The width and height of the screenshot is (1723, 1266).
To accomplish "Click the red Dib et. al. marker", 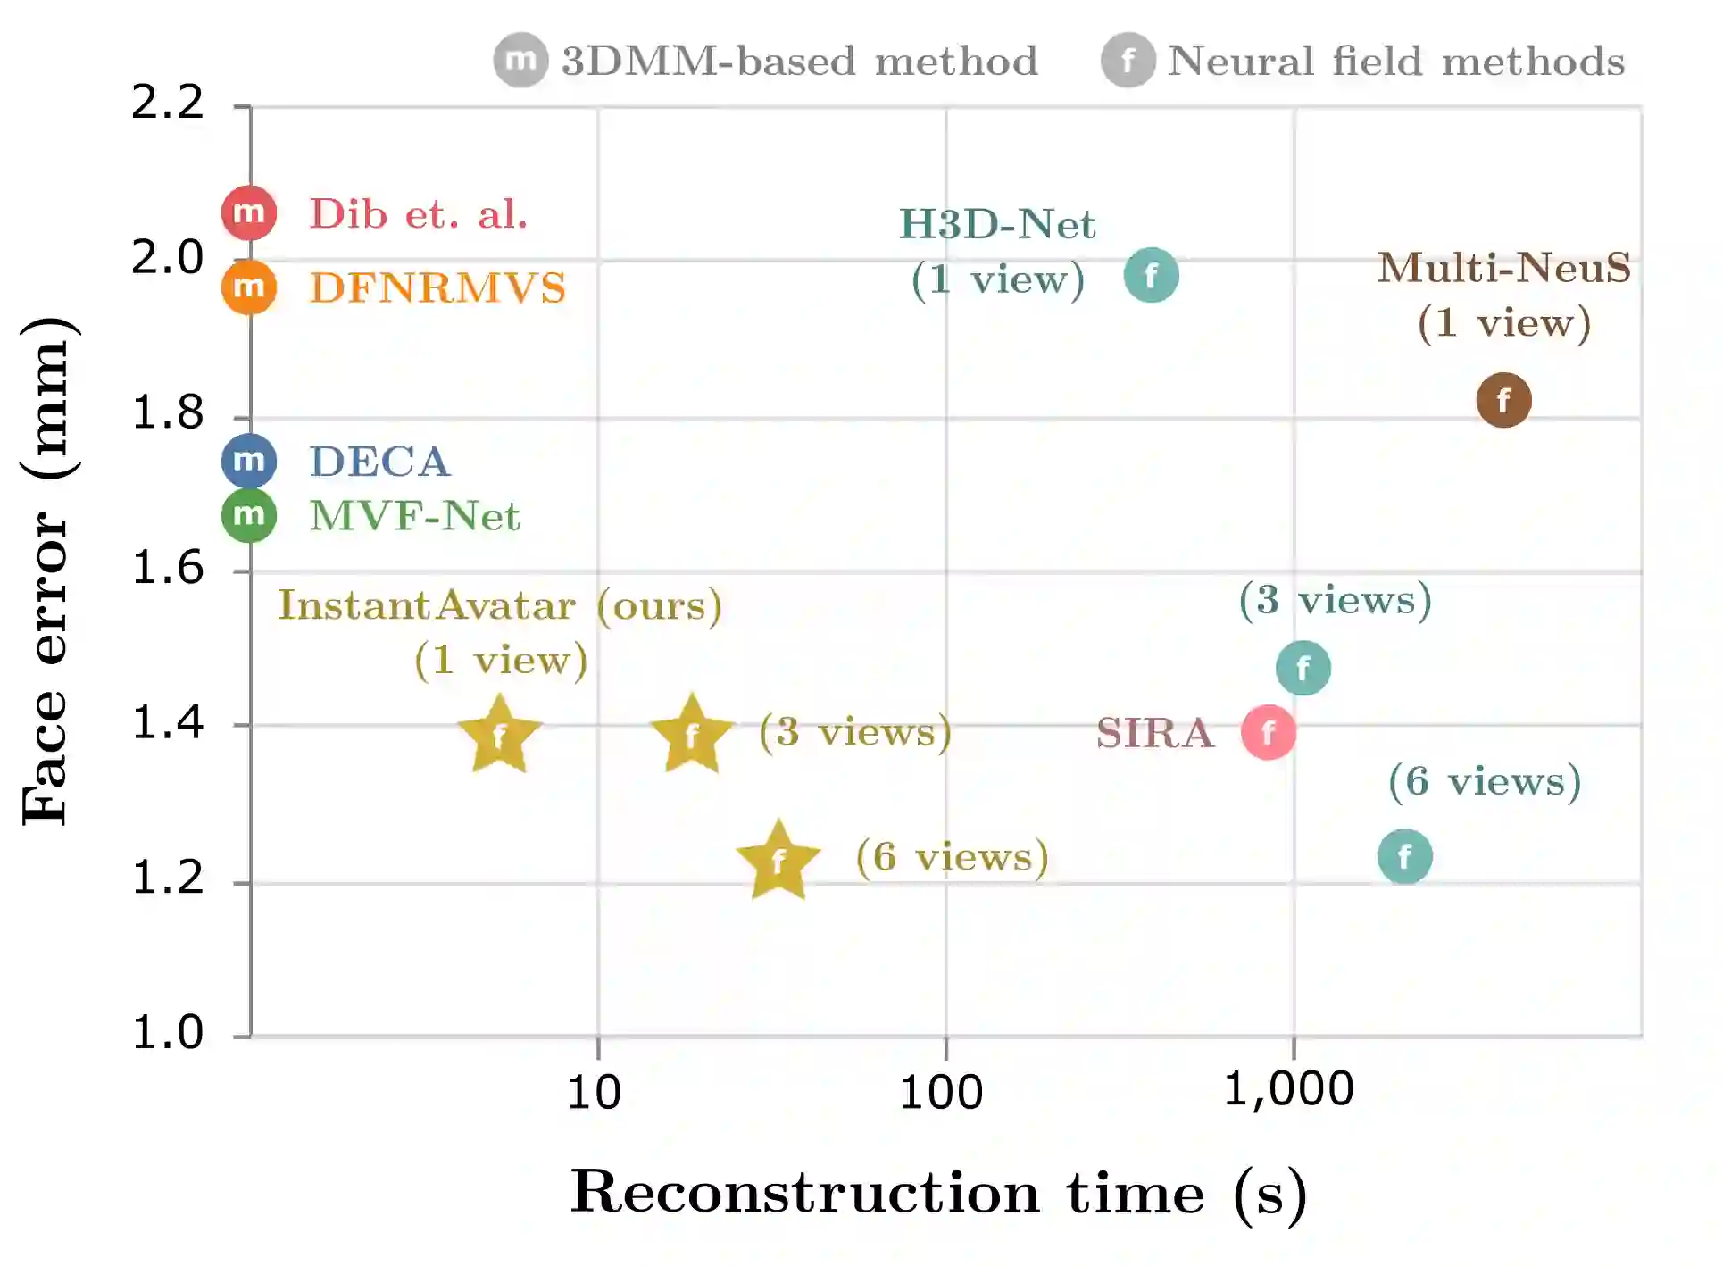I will (x=249, y=213).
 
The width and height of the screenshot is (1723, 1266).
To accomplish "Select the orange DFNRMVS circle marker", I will (x=249, y=287).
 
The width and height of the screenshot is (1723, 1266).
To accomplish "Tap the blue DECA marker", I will (x=249, y=461).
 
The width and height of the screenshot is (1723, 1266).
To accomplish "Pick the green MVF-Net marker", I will (x=249, y=515).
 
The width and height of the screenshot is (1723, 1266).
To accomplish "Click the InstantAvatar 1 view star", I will (x=500, y=736).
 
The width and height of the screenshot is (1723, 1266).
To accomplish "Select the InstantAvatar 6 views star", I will (x=778, y=860).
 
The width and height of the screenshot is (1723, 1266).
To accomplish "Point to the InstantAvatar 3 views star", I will (x=692, y=736).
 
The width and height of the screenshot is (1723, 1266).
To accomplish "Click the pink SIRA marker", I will (x=1269, y=732).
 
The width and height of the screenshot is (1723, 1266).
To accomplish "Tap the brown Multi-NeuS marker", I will (x=1503, y=400).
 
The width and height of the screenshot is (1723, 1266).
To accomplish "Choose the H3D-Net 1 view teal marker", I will (x=1152, y=275).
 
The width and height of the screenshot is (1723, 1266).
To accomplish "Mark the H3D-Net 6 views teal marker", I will (x=1404, y=856).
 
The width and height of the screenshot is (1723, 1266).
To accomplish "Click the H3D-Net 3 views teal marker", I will (x=1303, y=668).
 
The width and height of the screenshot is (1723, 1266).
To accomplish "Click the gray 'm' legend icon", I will (x=520, y=61).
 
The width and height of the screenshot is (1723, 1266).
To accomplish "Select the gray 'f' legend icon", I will (x=1128, y=61).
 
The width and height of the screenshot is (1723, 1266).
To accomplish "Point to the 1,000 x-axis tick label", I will (x=1288, y=1090).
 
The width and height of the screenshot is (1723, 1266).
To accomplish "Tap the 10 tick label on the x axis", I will (x=594, y=1092).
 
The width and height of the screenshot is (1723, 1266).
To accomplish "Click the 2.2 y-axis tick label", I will (x=168, y=102).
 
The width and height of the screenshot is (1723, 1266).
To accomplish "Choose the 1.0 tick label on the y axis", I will (x=168, y=1032).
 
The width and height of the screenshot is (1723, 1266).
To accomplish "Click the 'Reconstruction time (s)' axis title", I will (x=938, y=1193).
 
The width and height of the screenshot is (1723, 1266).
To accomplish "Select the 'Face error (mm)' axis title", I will (x=46, y=571).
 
